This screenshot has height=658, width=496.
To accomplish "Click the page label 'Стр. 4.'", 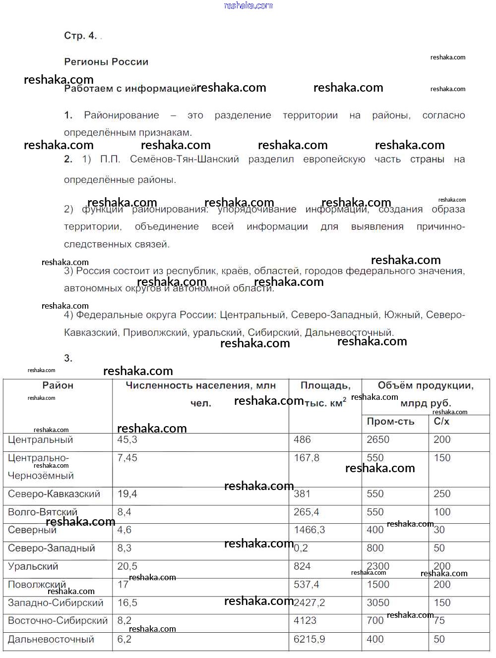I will point(80,36).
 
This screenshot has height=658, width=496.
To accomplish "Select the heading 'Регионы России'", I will point(106,62).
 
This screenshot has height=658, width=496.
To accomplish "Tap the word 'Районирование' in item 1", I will point(122,115).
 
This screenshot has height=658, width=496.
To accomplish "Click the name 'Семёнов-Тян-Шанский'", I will point(185,160).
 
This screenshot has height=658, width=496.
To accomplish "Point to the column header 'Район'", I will point(58,385).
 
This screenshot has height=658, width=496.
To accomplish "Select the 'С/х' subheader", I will point(441,422).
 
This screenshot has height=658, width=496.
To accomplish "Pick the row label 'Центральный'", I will point(40,440).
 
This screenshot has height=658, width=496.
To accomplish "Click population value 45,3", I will point(127,440).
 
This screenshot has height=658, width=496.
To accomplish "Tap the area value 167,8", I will point(307,458).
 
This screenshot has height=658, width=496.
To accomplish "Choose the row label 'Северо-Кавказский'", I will point(54,494).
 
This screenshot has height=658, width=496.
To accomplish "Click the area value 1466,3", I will point(309,530).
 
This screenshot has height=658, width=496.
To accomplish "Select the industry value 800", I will point(375,548).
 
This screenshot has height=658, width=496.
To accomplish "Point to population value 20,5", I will point(127,566).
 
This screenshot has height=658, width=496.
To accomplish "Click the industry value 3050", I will point(378,603).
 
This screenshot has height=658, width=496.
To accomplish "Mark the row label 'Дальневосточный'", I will point(51,640).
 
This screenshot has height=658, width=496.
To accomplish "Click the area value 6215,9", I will point(309,640).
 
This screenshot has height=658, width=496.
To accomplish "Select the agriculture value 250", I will point(442,494).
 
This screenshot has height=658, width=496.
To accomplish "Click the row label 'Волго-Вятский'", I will point(43,512).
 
